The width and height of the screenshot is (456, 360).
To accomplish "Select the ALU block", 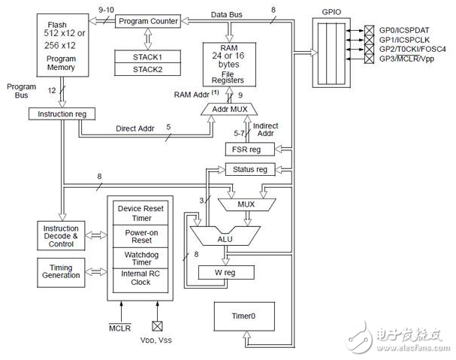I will (225, 237).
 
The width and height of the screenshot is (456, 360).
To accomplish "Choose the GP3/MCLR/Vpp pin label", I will (406, 59).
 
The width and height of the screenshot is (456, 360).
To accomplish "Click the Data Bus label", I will (230, 13).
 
